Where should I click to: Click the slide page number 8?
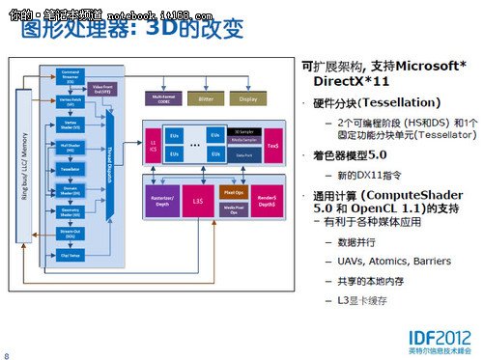(x=7, y=354)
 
